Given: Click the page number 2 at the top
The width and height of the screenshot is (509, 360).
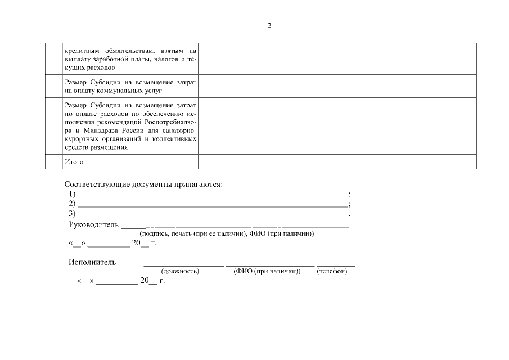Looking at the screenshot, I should click(269, 26).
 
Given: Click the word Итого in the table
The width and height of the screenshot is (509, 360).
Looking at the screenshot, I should click(74, 162).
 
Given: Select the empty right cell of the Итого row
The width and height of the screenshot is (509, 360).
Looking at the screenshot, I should click(337, 162).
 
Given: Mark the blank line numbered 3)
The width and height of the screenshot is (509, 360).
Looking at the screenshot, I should click(213, 215).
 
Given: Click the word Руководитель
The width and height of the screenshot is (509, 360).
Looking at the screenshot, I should click(93, 225).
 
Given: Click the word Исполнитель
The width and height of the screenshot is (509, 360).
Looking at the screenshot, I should click(92, 262).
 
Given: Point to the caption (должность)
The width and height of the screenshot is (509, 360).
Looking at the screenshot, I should click(180, 272).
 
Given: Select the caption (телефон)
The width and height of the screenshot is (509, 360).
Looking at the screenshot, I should click(332, 272).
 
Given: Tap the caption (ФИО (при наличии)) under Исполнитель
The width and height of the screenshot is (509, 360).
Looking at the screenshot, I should click(267, 272).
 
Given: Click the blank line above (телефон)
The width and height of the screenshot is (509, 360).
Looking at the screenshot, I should click(335, 265).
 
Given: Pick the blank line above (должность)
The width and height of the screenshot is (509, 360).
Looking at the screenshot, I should click(183, 265).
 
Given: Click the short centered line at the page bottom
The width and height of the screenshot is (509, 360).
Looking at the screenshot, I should click(258, 312).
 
